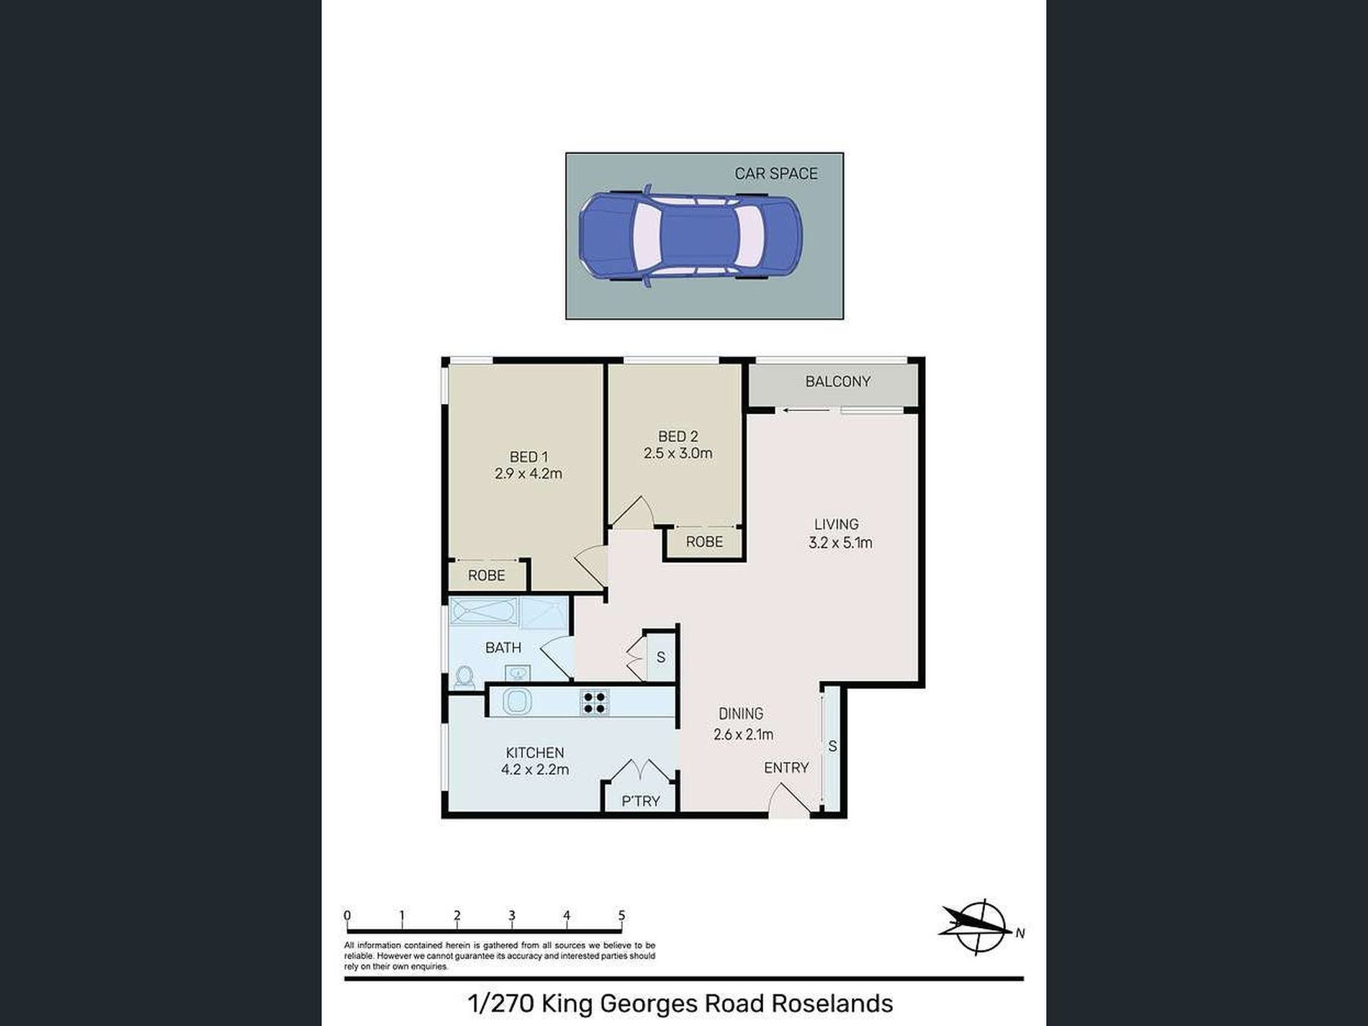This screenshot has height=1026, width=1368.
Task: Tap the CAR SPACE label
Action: pyautogui.click(x=775, y=174)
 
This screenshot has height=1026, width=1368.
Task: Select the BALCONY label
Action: pyautogui.click(x=837, y=382)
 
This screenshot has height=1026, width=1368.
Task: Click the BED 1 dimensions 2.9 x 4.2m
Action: pyautogui.click(x=528, y=474)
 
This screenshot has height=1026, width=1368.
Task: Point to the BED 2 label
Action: pyautogui.click(x=678, y=436)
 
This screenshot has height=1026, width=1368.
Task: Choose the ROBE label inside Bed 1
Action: pyautogui.click(x=486, y=575)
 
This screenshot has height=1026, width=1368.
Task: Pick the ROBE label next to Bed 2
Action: pyautogui.click(x=703, y=541)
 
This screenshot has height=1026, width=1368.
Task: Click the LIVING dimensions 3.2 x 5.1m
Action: pyautogui.click(x=840, y=543)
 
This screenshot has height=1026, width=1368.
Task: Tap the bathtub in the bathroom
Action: pyautogui.click(x=484, y=613)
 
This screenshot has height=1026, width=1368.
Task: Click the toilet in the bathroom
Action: pyautogui.click(x=464, y=677)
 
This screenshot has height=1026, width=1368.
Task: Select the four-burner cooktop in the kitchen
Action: pyautogui.click(x=594, y=702)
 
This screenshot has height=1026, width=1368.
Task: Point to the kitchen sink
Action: pyautogui.click(x=516, y=701)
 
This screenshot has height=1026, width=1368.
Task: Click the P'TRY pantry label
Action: pyautogui.click(x=640, y=801)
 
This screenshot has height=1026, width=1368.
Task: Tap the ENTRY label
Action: pyautogui.click(x=786, y=768)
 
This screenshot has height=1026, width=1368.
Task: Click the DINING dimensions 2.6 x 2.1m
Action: pyautogui.click(x=743, y=734)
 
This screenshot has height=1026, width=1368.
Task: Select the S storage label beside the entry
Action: pyautogui.click(x=832, y=747)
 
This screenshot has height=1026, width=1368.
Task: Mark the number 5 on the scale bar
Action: pyautogui.click(x=621, y=916)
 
